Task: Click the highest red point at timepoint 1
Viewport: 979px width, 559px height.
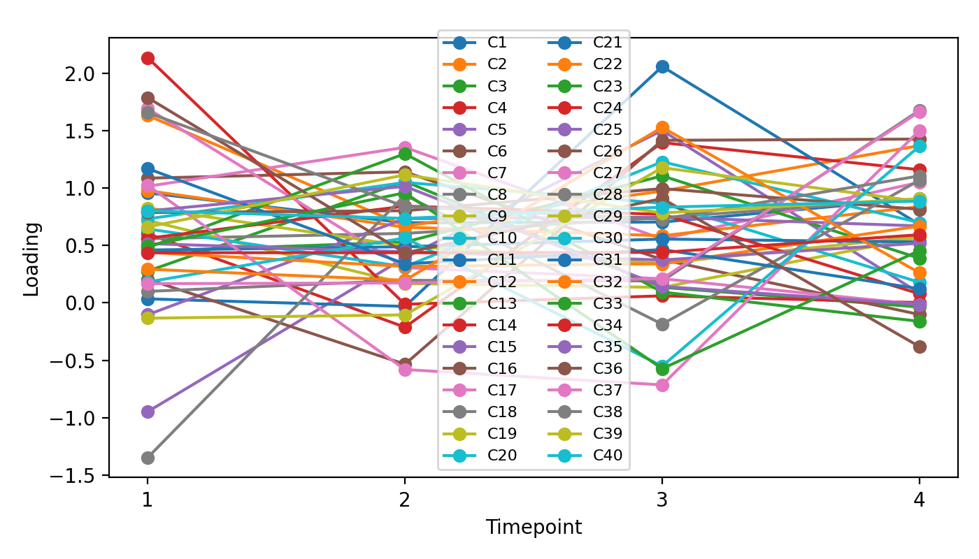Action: point(148,58)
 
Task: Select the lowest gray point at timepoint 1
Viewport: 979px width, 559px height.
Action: point(148,458)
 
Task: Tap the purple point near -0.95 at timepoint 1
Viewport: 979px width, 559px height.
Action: point(148,412)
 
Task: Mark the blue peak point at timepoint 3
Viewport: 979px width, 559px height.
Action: point(662,66)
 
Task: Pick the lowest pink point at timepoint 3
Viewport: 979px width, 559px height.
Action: point(662,385)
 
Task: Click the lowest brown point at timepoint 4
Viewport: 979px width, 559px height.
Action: point(920,347)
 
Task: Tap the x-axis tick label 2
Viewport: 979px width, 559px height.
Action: point(405,500)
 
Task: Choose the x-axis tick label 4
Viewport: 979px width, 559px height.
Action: point(920,500)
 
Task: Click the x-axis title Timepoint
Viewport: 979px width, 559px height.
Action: point(534,527)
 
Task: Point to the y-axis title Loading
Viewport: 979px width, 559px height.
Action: point(31,259)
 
